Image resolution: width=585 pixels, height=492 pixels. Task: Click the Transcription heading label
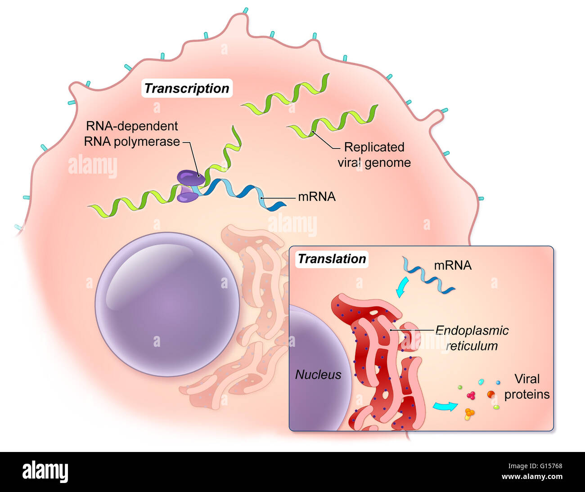[x=187, y=88]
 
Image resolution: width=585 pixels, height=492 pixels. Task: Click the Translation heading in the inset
[x=332, y=259]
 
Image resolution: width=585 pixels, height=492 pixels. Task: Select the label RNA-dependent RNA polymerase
[x=132, y=134]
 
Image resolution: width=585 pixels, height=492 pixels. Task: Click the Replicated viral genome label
[x=374, y=155]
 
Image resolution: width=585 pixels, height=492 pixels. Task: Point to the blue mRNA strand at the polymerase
[x=243, y=192]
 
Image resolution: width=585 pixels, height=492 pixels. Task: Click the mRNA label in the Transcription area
[x=317, y=197]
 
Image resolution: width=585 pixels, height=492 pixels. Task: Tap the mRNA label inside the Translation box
[x=453, y=265]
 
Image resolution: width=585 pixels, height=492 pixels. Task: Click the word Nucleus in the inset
[x=318, y=374]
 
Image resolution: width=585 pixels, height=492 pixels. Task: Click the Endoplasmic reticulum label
[x=472, y=338]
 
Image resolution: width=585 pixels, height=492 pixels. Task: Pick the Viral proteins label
[x=527, y=386]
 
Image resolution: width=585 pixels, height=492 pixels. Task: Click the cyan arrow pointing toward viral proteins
[x=445, y=406]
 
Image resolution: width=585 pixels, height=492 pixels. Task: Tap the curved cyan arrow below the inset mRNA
[x=402, y=287]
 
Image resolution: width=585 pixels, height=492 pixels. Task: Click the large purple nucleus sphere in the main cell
[x=167, y=304]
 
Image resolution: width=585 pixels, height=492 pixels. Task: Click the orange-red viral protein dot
[x=491, y=394]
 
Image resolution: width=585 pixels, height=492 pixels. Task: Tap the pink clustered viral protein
[x=471, y=396]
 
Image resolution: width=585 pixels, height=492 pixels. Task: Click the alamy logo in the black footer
[x=45, y=472]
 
